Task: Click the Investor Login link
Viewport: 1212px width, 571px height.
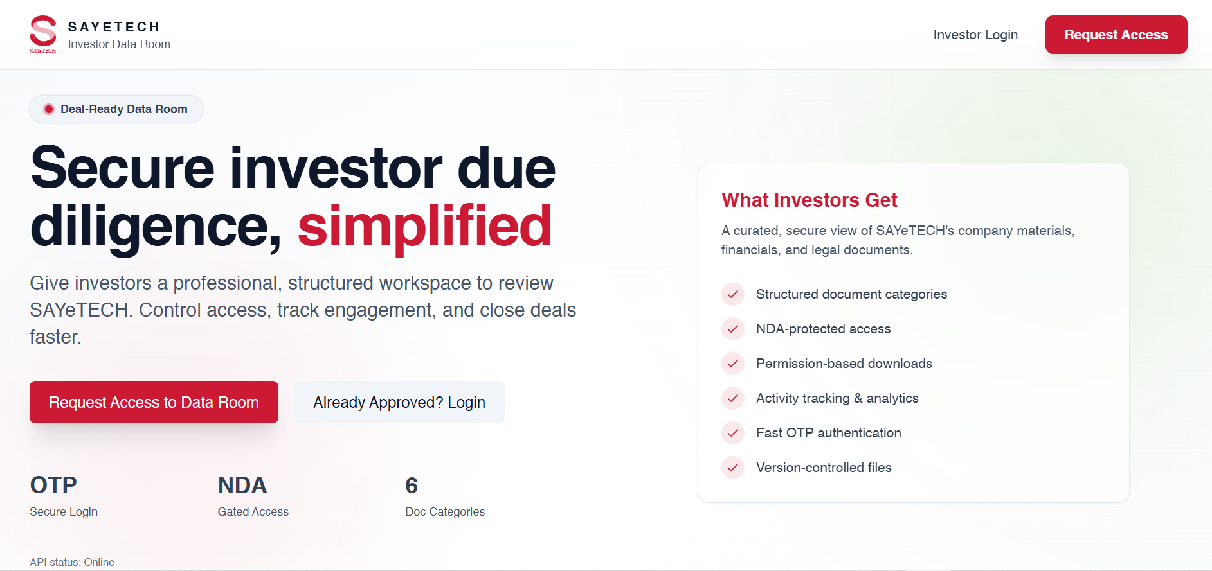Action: coord(975,35)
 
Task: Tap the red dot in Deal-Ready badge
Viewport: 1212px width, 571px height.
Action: coord(49,109)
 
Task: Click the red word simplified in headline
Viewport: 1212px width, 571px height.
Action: coord(424,226)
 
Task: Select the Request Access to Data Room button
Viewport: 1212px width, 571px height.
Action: coord(154,402)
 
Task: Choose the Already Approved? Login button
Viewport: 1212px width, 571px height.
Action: coord(399,402)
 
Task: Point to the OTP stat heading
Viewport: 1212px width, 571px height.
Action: coord(53,485)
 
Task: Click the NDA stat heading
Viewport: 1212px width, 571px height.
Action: coord(242,485)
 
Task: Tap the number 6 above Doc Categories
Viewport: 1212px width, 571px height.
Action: coord(412,485)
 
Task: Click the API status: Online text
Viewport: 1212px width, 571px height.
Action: coord(72,562)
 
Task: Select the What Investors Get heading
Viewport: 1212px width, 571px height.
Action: coord(809,200)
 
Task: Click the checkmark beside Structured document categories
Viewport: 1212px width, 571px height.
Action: coord(733,294)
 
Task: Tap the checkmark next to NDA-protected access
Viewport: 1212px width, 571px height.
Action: coord(733,329)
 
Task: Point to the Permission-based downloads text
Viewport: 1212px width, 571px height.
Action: coord(844,364)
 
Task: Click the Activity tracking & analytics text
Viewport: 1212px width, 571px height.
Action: coord(837,398)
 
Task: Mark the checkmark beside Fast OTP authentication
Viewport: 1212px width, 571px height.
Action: coord(733,433)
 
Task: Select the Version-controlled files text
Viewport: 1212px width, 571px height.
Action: coord(824,468)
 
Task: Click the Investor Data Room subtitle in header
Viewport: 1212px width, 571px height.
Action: coord(119,44)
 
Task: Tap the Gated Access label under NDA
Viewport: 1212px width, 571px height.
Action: coord(253,512)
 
